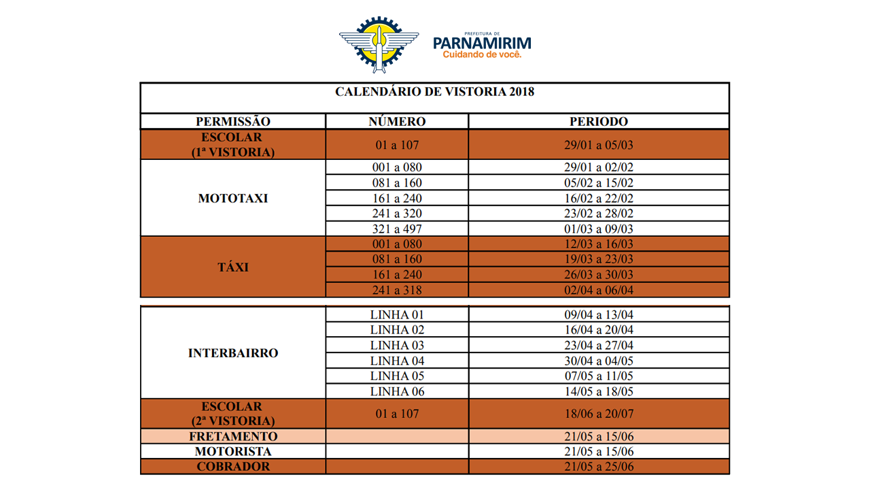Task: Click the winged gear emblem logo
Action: point(379,44)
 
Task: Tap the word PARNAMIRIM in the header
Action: point(482,44)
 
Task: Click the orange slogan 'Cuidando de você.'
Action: point(482,54)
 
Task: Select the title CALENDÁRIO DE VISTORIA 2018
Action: point(434,92)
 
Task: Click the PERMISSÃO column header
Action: point(233,122)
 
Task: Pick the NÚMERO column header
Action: point(397,122)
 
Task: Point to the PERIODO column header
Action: point(598,122)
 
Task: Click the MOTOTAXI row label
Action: point(233,198)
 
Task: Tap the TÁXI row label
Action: point(233,267)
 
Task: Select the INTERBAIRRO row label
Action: point(233,353)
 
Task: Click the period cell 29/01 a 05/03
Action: point(598,145)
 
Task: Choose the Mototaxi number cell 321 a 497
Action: point(397,229)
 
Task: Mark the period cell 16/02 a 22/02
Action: point(598,198)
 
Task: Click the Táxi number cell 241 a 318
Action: point(397,290)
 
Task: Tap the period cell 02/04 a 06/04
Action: point(598,290)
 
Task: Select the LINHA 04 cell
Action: point(397,361)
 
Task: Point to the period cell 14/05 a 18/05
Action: point(598,391)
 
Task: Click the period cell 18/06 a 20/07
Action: point(598,414)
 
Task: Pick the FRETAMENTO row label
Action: point(233,436)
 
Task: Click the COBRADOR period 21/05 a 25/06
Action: point(598,467)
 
